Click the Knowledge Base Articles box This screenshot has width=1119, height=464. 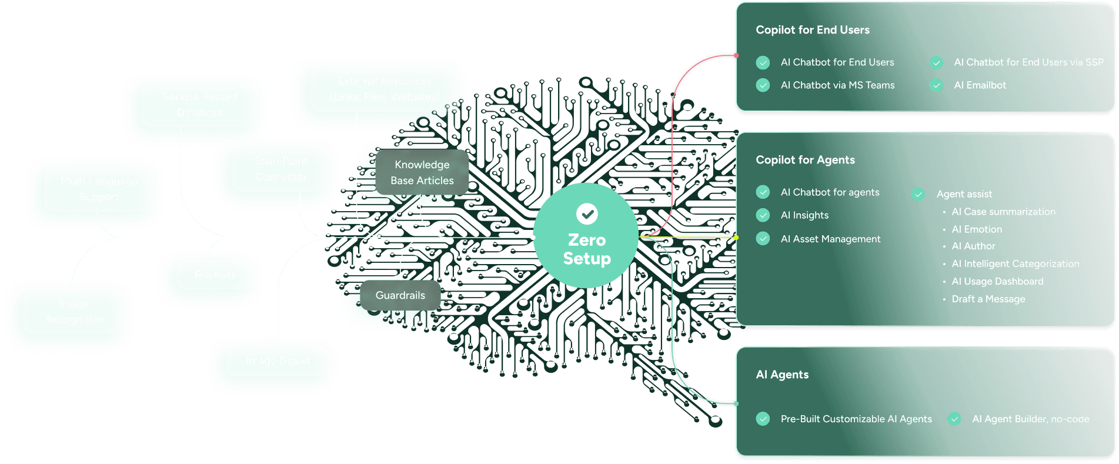pyautogui.click(x=422, y=172)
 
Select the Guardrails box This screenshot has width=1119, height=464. pyautogui.click(x=400, y=295)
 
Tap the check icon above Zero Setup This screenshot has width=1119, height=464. pyautogui.click(x=587, y=214)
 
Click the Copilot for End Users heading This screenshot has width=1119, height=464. pyautogui.click(x=812, y=30)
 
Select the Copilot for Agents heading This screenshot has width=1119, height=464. pyautogui.click(x=805, y=160)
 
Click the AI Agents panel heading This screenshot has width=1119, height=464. pyautogui.click(x=782, y=375)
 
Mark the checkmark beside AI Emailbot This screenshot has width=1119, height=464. pyautogui.click(x=936, y=85)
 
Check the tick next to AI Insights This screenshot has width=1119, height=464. pyautogui.click(x=763, y=215)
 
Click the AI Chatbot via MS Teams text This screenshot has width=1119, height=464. pyautogui.click(x=837, y=85)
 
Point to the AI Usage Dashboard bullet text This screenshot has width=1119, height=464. pyautogui.click(x=997, y=282)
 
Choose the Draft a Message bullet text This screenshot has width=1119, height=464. pyautogui.click(x=988, y=299)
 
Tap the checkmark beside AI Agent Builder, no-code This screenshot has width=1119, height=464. pyautogui.click(x=954, y=419)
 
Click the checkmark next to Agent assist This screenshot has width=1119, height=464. pyautogui.click(x=918, y=194)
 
